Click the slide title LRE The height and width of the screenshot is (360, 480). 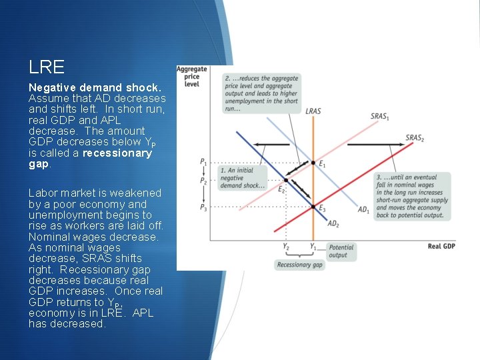pos(47,67)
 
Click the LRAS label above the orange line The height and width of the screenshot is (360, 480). pos(313,111)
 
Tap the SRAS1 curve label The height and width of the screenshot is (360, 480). pos(380,117)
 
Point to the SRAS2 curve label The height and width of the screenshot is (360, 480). pos(415,138)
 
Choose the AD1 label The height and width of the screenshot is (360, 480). pos(363,211)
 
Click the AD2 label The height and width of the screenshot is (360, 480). pos(333,224)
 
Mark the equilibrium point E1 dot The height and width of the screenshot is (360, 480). pos(313,163)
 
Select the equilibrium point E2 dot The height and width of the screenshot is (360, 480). pos(286,180)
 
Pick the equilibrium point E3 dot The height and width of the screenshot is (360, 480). pos(313,207)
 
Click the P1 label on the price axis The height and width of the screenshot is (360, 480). pos(203,162)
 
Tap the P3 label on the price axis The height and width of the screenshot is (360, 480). pos(203,207)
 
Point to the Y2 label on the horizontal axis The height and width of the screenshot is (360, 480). pos(286,247)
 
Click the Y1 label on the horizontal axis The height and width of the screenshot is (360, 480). pos(313,247)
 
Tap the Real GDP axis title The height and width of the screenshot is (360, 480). pos(441,247)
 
